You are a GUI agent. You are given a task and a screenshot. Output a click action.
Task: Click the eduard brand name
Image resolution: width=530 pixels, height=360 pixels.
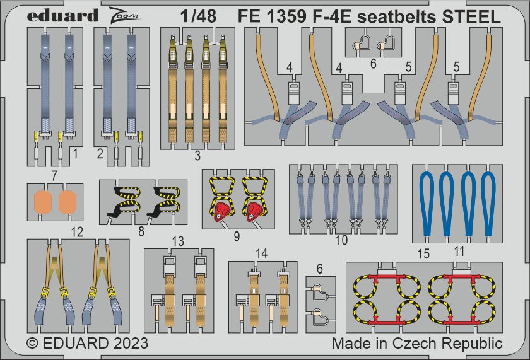point(64,15)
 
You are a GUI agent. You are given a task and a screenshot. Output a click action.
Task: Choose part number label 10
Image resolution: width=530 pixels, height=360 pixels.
point(342,240)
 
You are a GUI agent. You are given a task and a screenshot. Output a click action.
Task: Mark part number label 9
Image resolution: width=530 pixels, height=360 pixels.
point(236,237)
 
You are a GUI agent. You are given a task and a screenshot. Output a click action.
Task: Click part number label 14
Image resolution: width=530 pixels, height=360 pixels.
point(261,253)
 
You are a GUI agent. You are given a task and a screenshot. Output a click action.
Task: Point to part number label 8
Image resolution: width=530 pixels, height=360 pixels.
point(141,232)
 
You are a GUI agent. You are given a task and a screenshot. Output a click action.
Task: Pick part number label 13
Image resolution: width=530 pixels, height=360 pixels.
point(179,241)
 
